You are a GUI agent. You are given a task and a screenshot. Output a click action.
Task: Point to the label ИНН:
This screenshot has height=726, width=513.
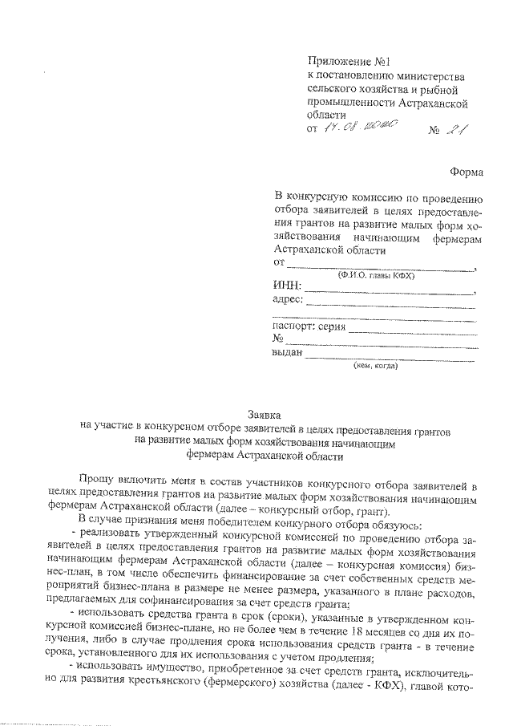click(x=288, y=286)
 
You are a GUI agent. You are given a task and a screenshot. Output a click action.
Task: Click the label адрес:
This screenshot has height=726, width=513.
click(x=288, y=300)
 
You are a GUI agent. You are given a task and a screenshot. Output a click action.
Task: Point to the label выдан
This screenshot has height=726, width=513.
click(x=289, y=353)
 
